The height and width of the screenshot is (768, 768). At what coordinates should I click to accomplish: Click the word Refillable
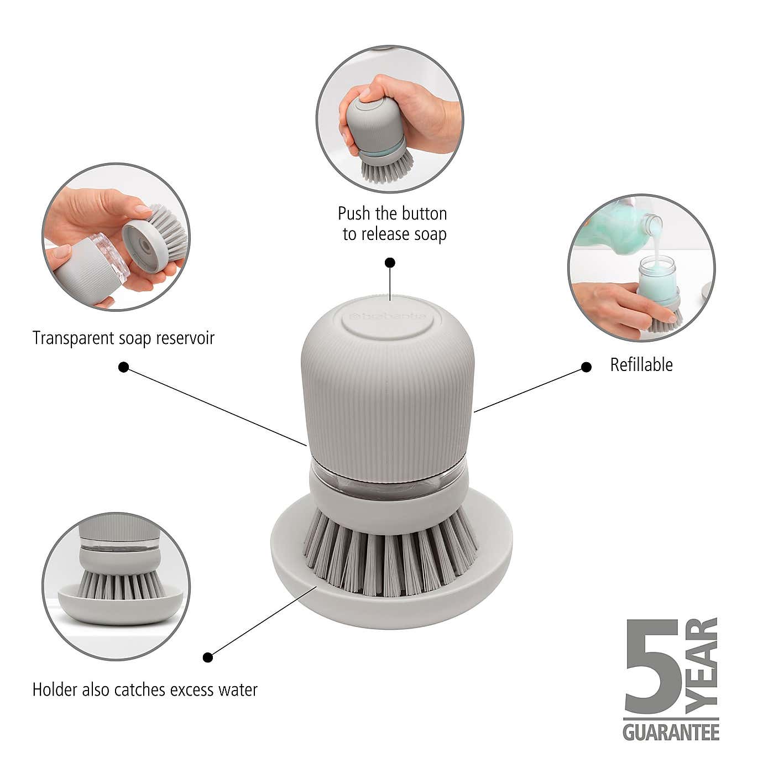click(641, 365)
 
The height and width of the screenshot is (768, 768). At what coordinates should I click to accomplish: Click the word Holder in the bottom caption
click(54, 690)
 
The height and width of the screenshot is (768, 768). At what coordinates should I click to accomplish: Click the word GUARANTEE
click(671, 733)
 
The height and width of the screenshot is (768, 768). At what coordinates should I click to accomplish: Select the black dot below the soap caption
click(390, 263)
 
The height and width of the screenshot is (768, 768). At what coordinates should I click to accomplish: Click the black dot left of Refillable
click(587, 367)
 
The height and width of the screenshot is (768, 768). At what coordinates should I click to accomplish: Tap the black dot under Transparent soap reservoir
click(124, 367)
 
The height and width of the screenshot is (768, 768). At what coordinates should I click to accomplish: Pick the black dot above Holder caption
click(208, 657)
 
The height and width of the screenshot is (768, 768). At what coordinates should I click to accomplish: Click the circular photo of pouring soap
click(641, 268)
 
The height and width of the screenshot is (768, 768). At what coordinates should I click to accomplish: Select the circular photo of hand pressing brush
click(390, 119)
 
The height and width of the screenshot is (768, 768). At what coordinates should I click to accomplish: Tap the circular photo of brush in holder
click(116, 586)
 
